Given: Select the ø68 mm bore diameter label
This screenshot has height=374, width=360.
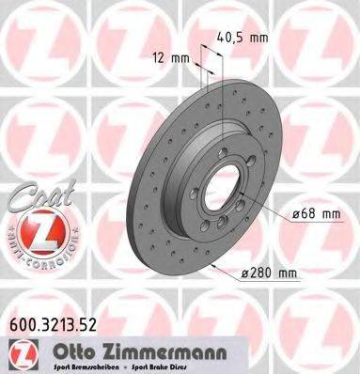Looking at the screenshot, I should tap(314, 213).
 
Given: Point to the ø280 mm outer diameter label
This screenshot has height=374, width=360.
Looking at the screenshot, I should tap(268, 273).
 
